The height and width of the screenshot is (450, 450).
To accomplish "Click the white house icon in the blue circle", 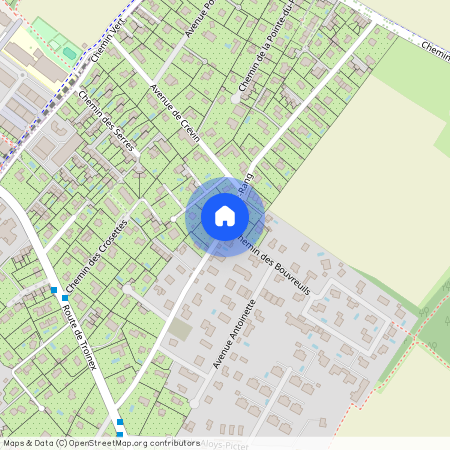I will (x=224, y=215).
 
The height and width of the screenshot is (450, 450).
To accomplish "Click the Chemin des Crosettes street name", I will (x=97, y=257).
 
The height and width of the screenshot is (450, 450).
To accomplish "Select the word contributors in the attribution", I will (x=174, y=442).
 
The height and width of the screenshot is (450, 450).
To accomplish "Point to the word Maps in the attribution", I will (x=15, y=442).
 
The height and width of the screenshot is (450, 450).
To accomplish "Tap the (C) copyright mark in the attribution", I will (x=61, y=442).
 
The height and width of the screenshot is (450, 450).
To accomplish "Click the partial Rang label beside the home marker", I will (x=245, y=180).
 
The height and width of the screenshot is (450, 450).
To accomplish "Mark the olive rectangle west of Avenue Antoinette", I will (x=179, y=328).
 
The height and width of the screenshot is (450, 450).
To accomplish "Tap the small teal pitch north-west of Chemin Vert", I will (x=68, y=52).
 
